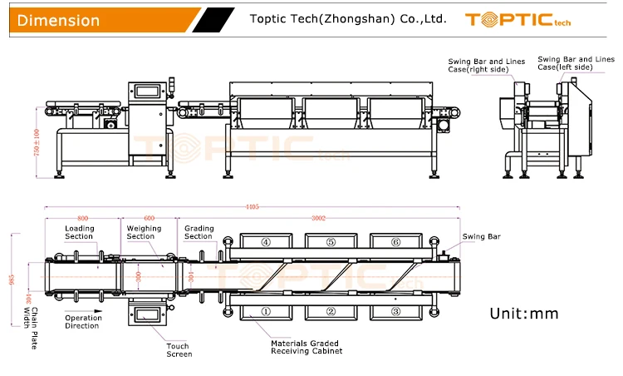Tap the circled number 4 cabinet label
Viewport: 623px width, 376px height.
pos(266,242)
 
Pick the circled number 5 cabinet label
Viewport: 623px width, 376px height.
pos(331,242)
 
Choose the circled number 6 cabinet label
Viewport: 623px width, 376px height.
pos(395,242)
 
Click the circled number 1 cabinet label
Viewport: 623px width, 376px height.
pos(266,311)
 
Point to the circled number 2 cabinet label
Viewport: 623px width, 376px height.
pos(331,311)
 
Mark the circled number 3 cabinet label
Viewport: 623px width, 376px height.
pos(395,311)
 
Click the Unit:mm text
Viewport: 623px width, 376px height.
pos(524,314)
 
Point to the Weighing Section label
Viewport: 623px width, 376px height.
pos(140,232)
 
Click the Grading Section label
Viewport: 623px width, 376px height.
pos(199,232)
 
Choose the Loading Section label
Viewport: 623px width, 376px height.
pos(80,232)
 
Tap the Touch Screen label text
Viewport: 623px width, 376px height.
pos(178,350)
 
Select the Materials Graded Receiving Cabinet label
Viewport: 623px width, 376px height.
pos(306,347)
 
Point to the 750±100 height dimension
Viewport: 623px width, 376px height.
pos(37,146)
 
